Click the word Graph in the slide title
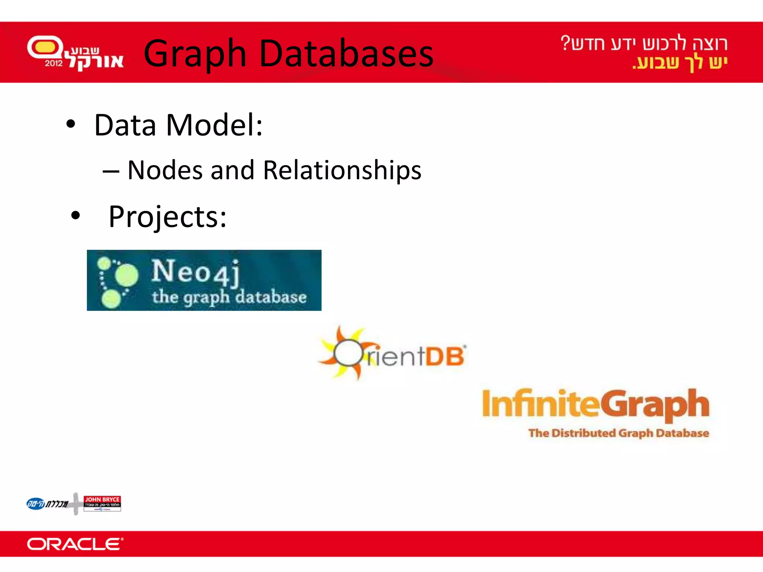(195, 54)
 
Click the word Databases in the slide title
(346, 54)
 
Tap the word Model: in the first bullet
(214, 125)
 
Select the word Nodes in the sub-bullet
(165, 170)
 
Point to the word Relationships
(342, 170)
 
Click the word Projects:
(167, 217)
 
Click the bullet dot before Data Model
(70, 125)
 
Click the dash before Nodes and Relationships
(111, 172)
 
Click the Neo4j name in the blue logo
(195, 272)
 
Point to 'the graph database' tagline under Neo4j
(229, 297)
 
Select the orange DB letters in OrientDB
(445, 356)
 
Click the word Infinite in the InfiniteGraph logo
(540, 404)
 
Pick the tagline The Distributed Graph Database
(618, 433)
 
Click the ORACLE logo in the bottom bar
(75, 544)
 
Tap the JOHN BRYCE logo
(102, 503)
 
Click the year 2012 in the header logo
(54, 63)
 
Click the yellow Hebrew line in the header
(680, 63)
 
